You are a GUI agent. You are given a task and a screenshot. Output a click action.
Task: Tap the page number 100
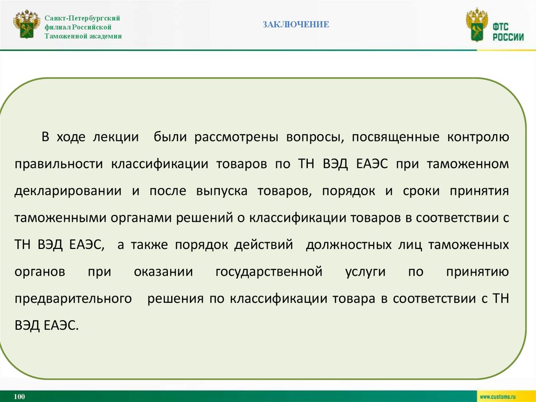tap(20, 396)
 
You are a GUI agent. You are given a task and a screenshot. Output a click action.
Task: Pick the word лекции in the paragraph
tap(116, 137)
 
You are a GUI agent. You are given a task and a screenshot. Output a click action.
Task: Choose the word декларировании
tap(67, 191)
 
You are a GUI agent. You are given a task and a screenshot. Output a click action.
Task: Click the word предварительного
tap(73, 299)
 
